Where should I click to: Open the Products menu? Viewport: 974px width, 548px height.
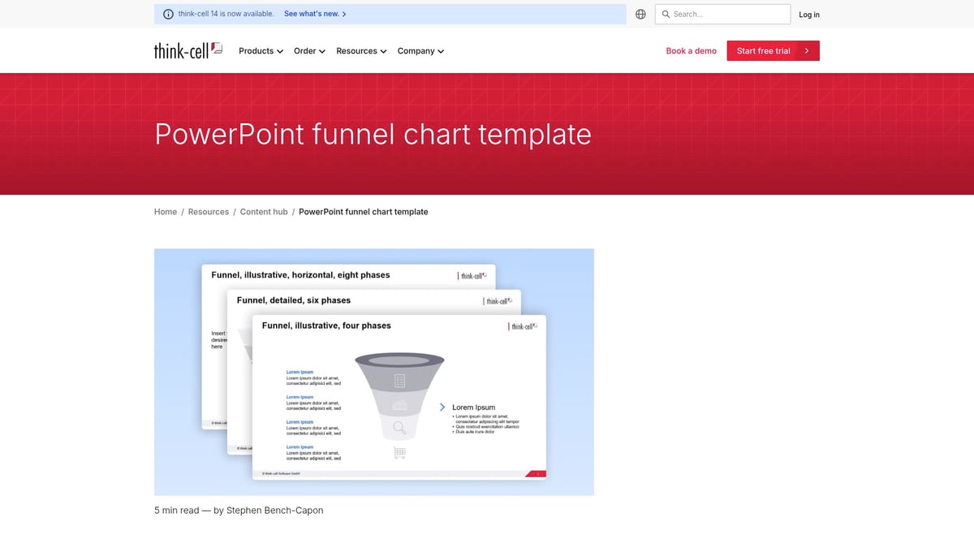point(261,51)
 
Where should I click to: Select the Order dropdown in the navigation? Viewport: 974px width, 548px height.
point(309,51)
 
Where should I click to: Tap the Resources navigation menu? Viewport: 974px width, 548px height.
point(361,51)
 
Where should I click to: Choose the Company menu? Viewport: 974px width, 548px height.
point(420,51)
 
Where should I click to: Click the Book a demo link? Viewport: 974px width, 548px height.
point(691,51)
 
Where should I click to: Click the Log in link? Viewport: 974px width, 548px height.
point(808,15)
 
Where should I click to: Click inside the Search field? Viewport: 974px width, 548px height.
point(726,15)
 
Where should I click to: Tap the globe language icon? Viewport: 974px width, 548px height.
point(640,15)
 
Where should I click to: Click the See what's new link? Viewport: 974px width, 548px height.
point(315,15)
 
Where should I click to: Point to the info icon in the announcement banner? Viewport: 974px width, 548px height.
point(168,15)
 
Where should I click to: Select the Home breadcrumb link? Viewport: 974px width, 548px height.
point(166,212)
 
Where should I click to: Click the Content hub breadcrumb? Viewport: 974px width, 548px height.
point(264,212)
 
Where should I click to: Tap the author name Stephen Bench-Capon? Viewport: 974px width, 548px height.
point(274,511)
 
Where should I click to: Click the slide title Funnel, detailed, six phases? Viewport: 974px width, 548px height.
point(294,300)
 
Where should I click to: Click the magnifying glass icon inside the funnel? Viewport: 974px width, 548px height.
point(399,427)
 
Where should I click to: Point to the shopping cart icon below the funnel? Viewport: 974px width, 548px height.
point(399,453)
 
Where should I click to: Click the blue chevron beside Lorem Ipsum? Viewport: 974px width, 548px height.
point(442,407)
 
